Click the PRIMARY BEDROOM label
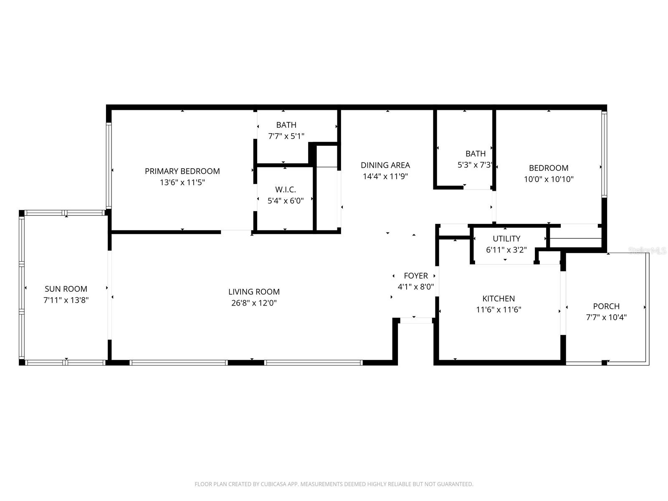point(182,171)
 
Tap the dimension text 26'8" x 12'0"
point(254,303)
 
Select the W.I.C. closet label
point(286,190)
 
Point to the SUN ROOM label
point(66,289)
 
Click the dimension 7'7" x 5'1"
point(286,136)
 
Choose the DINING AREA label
point(385,165)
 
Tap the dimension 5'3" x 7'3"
point(476,165)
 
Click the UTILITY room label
point(506,239)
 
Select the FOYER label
point(416,276)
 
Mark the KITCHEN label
point(498,299)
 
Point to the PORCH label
point(606,306)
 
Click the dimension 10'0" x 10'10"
point(549,180)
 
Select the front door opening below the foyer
point(416,321)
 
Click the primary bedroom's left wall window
point(109,166)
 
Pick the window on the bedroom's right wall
point(604,154)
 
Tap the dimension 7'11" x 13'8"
point(66,300)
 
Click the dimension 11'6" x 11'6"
point(498,310)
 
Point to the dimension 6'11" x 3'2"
point(506,250)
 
